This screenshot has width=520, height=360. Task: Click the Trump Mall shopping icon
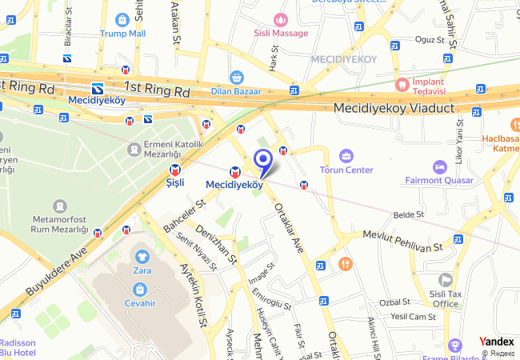click(123, 19)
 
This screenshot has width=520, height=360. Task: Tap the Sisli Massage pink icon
click(280, 19)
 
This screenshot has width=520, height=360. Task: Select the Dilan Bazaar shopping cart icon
click(236, 78)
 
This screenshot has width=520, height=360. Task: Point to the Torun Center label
click(346, 170)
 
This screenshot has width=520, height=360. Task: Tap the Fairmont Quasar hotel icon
click(439, 166)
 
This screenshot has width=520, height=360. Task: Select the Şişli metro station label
click(174, 182)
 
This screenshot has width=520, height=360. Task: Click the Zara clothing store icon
click(142, 257)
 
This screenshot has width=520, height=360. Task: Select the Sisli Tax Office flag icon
click(446, 280)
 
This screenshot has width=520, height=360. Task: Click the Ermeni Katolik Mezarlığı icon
click(134, 149)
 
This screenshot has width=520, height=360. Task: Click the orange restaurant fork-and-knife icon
click(345, 263)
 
